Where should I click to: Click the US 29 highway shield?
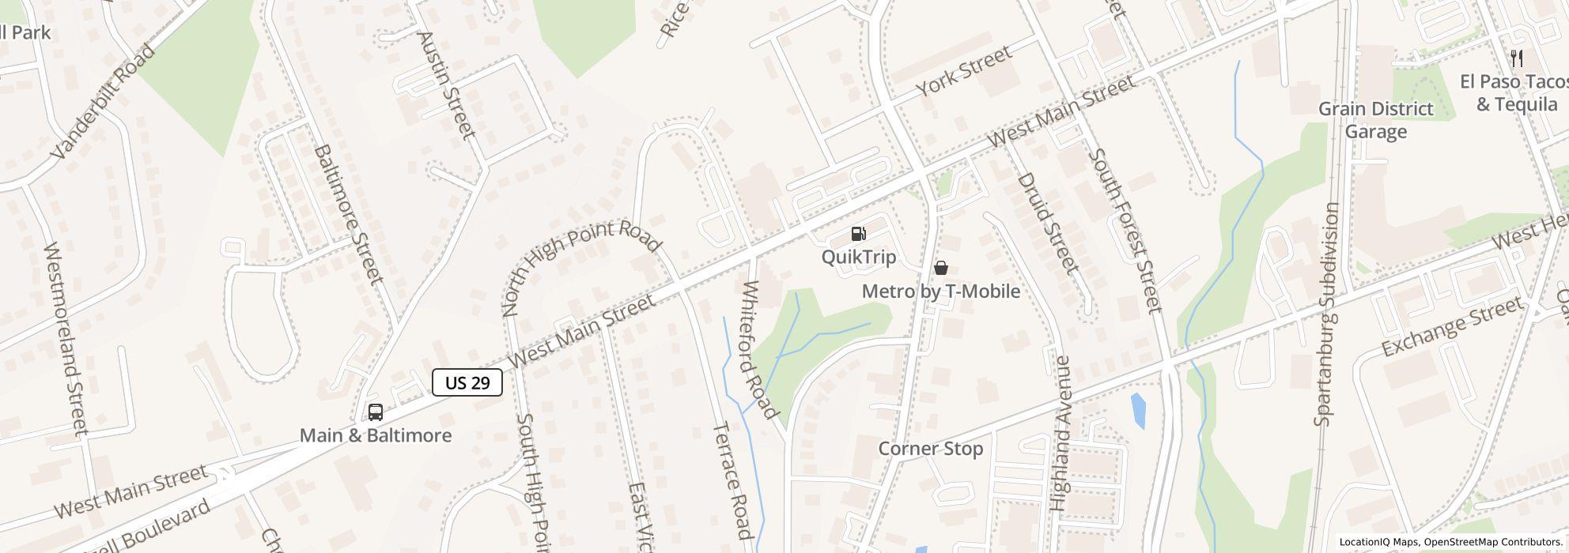467,383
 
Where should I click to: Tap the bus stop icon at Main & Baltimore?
376,412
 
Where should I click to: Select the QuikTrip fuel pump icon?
858,234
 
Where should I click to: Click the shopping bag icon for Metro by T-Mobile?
941,269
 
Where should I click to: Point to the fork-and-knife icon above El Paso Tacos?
1517,58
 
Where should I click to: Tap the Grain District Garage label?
1375,120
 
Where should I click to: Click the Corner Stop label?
931,449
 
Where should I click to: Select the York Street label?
965,71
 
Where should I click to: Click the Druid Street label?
1049,223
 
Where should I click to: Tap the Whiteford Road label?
759,348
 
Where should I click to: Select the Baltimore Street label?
349,213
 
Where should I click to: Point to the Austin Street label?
446,85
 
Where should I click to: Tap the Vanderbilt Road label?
104,101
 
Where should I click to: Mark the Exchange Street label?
1451,327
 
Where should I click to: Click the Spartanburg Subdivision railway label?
1328,314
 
